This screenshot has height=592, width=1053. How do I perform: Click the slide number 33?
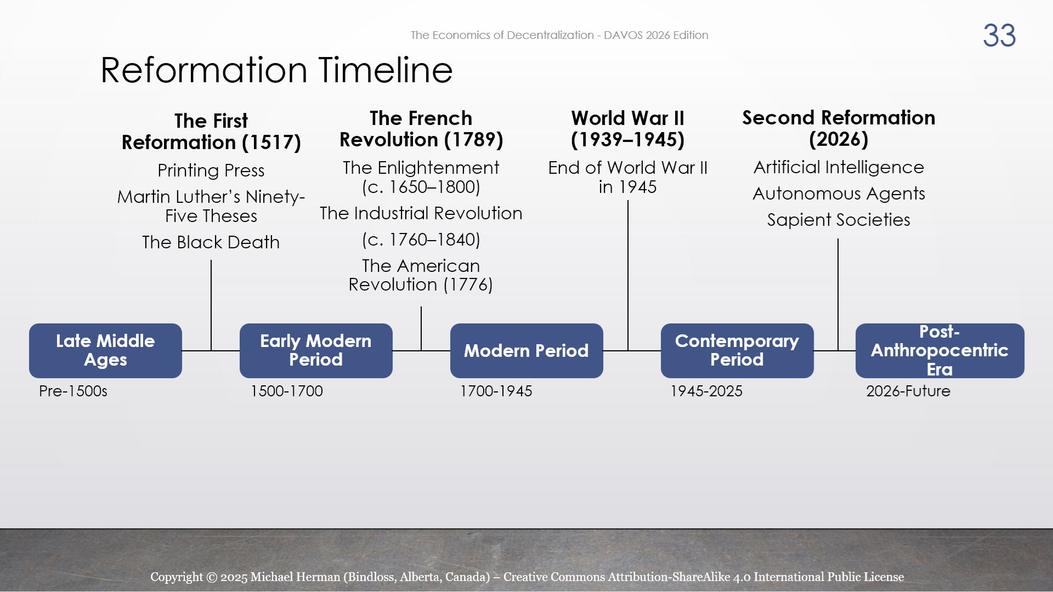pyautogui.click(x=999, y=36)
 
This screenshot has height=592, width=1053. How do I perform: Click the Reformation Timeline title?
pyautogui.click(x=276, y=70)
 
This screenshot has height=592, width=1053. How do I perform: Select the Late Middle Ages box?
pyautogui.click(x=105, y=351)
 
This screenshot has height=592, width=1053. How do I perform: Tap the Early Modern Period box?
pyautogui.click(x=316, y=351)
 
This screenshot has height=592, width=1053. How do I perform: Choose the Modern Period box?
pyautogui.click(x=526, y=351)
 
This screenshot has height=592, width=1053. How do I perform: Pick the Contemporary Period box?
pyautogui.click(x=737, y=351)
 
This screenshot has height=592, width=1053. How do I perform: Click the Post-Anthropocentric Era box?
pyautogui.click(x=940, y=351)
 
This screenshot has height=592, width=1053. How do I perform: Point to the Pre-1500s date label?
pyautogui.click(x=73, y=391)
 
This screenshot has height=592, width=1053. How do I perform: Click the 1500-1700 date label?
pyautogui.click(x=286, y=391)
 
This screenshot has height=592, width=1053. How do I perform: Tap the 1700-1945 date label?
pyautogui.click(x=496, y=391)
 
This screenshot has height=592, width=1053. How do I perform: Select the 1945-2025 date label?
pyautogui.click(x=706, y=391)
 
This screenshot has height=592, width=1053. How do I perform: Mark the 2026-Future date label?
pyautogui.click(x=908, y=391)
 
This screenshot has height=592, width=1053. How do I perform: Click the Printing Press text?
pyautogui.click(x=211, y=170)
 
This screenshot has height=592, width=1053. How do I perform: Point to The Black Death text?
pyautogui.click(x=211, y=242)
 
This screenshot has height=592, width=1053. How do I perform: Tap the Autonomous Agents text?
pyautogui.click(x=839, y=193)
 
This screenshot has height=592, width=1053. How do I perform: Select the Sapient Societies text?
pyautogui.click(x=839, y=220)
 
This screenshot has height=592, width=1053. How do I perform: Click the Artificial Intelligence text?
pyautogui.click(x=839, y=167)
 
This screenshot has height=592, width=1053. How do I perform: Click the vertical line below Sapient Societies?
pyautogui.click(x=838, y=295)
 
